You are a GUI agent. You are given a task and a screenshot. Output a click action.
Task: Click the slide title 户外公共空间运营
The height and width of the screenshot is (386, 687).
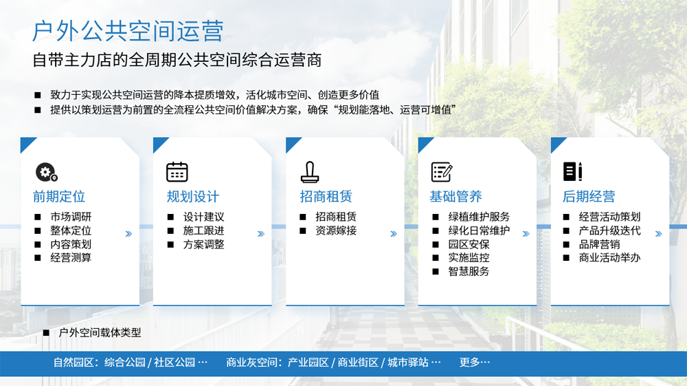click(x=128, y=31)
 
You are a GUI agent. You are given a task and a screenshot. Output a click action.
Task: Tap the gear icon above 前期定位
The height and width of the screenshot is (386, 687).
click(x=47, y=172)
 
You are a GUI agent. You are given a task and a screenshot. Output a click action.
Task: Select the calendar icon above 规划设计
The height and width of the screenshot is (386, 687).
click(x=177, y=171)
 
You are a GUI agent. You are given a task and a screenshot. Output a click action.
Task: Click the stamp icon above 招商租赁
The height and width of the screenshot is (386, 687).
click(x=310, y=171)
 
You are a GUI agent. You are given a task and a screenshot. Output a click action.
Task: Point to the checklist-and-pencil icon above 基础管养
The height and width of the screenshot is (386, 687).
click(x=442, y=171)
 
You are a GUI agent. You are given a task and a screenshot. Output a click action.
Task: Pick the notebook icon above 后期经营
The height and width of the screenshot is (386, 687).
click(x=573, y=171)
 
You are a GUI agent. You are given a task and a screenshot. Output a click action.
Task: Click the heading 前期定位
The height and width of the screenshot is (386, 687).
click(x=59, y=197)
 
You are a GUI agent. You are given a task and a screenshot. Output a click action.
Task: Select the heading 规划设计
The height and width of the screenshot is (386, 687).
click(x=193, y=197)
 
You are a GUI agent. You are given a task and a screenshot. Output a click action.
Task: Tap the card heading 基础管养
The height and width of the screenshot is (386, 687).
click(x=455, y=197)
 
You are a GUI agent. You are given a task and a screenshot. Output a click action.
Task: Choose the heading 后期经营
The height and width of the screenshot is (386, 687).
click(x=589, y=197)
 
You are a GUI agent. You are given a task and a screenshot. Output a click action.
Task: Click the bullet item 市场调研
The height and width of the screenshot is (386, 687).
click(x=71, y=217)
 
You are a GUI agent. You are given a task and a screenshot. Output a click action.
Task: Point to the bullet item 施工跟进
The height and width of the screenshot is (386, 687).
click(x=204, y=230)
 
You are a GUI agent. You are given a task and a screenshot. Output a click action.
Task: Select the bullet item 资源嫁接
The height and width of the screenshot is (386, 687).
click(x=336, y=230)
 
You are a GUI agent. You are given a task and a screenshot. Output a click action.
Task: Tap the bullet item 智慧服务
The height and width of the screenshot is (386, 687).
click(x=469, y=272)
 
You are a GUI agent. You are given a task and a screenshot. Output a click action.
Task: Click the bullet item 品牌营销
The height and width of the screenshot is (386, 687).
click(x=599, y=244)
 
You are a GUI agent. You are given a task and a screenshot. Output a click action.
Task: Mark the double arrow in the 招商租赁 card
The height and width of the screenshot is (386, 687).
click(x=394, y=234)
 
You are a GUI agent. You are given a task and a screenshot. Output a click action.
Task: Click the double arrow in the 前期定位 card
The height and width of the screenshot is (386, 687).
click(x=128, y=234)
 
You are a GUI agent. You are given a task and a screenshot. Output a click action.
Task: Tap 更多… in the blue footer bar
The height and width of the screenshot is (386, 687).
click(x=475, y=363)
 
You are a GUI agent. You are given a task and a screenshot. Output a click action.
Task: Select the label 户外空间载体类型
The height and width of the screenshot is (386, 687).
click(x=100, y=332)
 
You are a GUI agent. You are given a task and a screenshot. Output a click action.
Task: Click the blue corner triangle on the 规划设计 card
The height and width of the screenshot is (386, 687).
click(x=159, y=143)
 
